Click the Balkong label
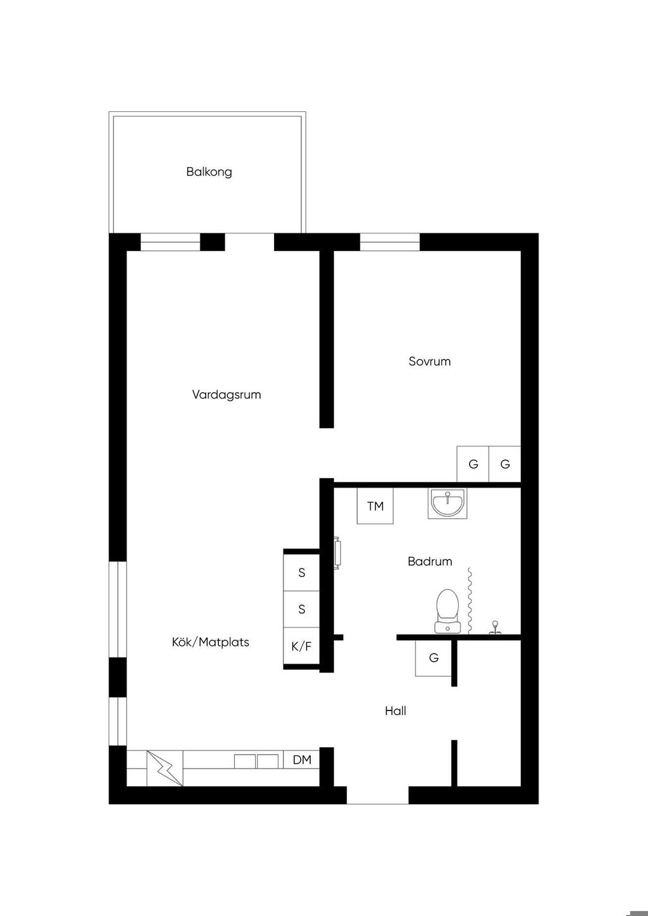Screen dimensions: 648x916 point(209,172)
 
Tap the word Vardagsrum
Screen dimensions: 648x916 point(227,395)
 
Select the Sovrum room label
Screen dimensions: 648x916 point(430,361)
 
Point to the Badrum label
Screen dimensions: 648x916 point(430,561)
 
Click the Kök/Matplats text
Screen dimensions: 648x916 point(210,642)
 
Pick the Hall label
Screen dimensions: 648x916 point(396,710)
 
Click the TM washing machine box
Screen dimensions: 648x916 point(375,506)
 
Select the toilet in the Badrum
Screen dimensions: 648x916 point(447,611)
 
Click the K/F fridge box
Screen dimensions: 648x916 point(301,646)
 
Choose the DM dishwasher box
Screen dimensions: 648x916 point(302,760)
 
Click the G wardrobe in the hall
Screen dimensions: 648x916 point(433,658)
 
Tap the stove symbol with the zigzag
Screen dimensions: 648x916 point(165,769)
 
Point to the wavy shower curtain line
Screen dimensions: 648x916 point(470,600)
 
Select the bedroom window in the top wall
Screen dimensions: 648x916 point(390,242)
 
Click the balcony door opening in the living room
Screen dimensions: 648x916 point(249,242)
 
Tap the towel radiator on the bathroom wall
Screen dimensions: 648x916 point(337,553)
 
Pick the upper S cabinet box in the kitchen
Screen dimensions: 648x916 point(301,572)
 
